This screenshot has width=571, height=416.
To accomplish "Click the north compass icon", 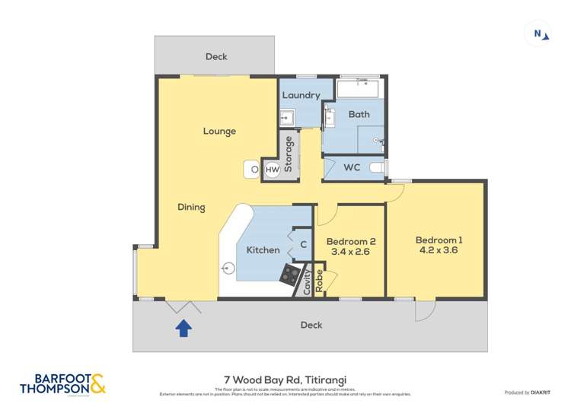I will [x=538, y=33].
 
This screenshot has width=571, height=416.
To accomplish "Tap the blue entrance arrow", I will [x=183, y=328].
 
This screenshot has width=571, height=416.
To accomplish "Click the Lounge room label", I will [x=219, y=131].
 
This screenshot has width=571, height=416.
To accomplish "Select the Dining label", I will [x=191, y=207].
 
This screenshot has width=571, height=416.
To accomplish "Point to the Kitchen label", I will [x=263, y=249].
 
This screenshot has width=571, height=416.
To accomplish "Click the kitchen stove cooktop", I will [x=290, y=275].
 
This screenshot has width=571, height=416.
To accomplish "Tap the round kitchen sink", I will [x=228, y=268].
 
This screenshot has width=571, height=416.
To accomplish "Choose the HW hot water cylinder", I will [x=272, y=170].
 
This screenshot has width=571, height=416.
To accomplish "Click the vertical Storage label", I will [x=289, y=154].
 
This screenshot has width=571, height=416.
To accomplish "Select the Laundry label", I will [x=301, y=96].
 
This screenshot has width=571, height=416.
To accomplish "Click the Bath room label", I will [x=359, y=114].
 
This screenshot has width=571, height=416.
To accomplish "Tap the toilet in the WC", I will [x=375, y=167].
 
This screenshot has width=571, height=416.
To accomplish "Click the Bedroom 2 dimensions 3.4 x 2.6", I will [x=351, y=252].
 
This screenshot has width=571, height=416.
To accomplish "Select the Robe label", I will [x=320, y=281].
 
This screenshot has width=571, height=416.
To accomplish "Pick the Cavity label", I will [x=307, y=282].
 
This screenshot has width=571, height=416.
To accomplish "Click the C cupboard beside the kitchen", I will [x=302, y=245].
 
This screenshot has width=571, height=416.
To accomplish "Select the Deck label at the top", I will [x=216, y=56].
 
